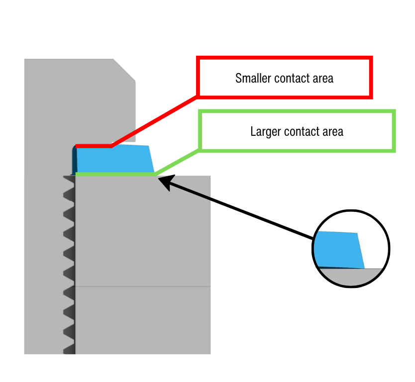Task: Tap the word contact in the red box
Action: point(292,78)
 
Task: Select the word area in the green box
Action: point(333,132)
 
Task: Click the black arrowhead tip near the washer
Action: point(158,179)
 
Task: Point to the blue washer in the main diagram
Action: point(114,159)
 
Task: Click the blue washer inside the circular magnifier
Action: point(339,250)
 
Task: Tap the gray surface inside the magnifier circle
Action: point(351,277)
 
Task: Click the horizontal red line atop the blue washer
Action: point(94,146)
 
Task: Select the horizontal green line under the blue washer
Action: point(115,174)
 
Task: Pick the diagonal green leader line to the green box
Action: point(177,162)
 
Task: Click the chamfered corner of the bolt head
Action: point(124,70)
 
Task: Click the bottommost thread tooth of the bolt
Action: point(69,349)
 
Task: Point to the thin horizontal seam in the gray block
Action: point(143,286)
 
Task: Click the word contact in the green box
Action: point(302,132)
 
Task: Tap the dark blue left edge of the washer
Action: point(74,160)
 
